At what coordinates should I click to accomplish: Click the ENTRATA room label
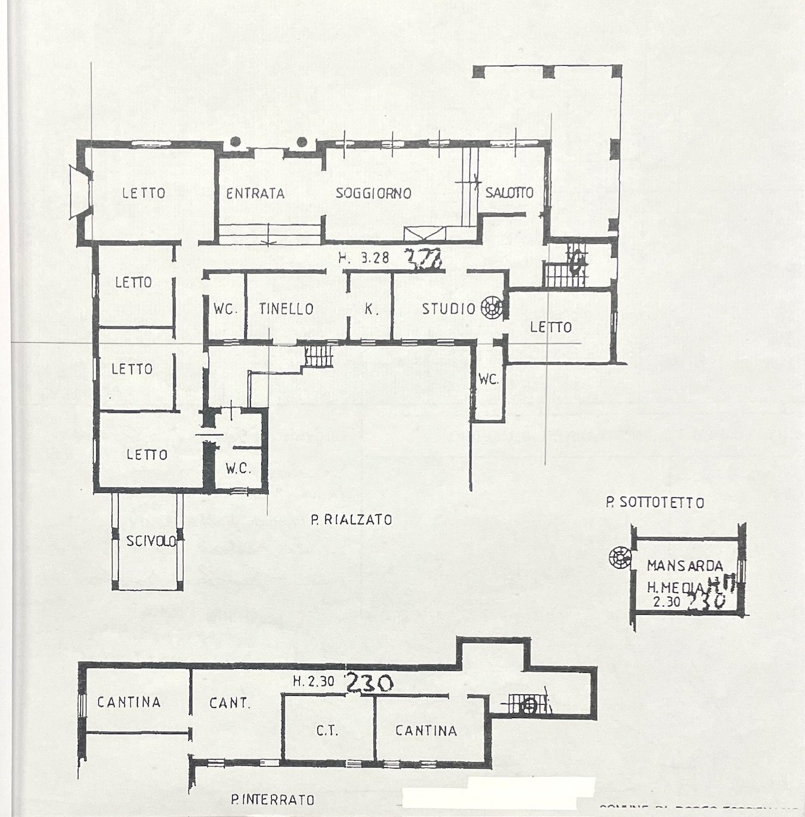pos(255,193)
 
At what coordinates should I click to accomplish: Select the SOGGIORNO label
pos(374,193)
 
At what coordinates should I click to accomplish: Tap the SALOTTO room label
pos(509,193)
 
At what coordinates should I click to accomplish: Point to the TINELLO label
pos(286,309)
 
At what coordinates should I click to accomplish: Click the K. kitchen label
pos(369,310)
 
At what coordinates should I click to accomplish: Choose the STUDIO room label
pos(448,310)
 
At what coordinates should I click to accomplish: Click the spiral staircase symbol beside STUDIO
pos(492,308)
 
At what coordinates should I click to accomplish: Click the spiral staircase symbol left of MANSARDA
pos(619,559)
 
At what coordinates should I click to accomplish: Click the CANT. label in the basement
pos(230,703)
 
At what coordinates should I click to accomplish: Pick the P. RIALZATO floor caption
pos(351,520)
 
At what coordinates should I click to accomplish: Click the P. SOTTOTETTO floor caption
pos(654,503)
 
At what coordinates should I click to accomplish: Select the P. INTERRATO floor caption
pos(273,799)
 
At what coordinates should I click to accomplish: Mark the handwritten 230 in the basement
pos(368,682)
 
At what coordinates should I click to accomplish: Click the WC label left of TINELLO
pos(226,310)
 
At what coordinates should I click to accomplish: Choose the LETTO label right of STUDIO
pos(550,327)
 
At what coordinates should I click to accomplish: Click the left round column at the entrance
pos(236,142)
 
